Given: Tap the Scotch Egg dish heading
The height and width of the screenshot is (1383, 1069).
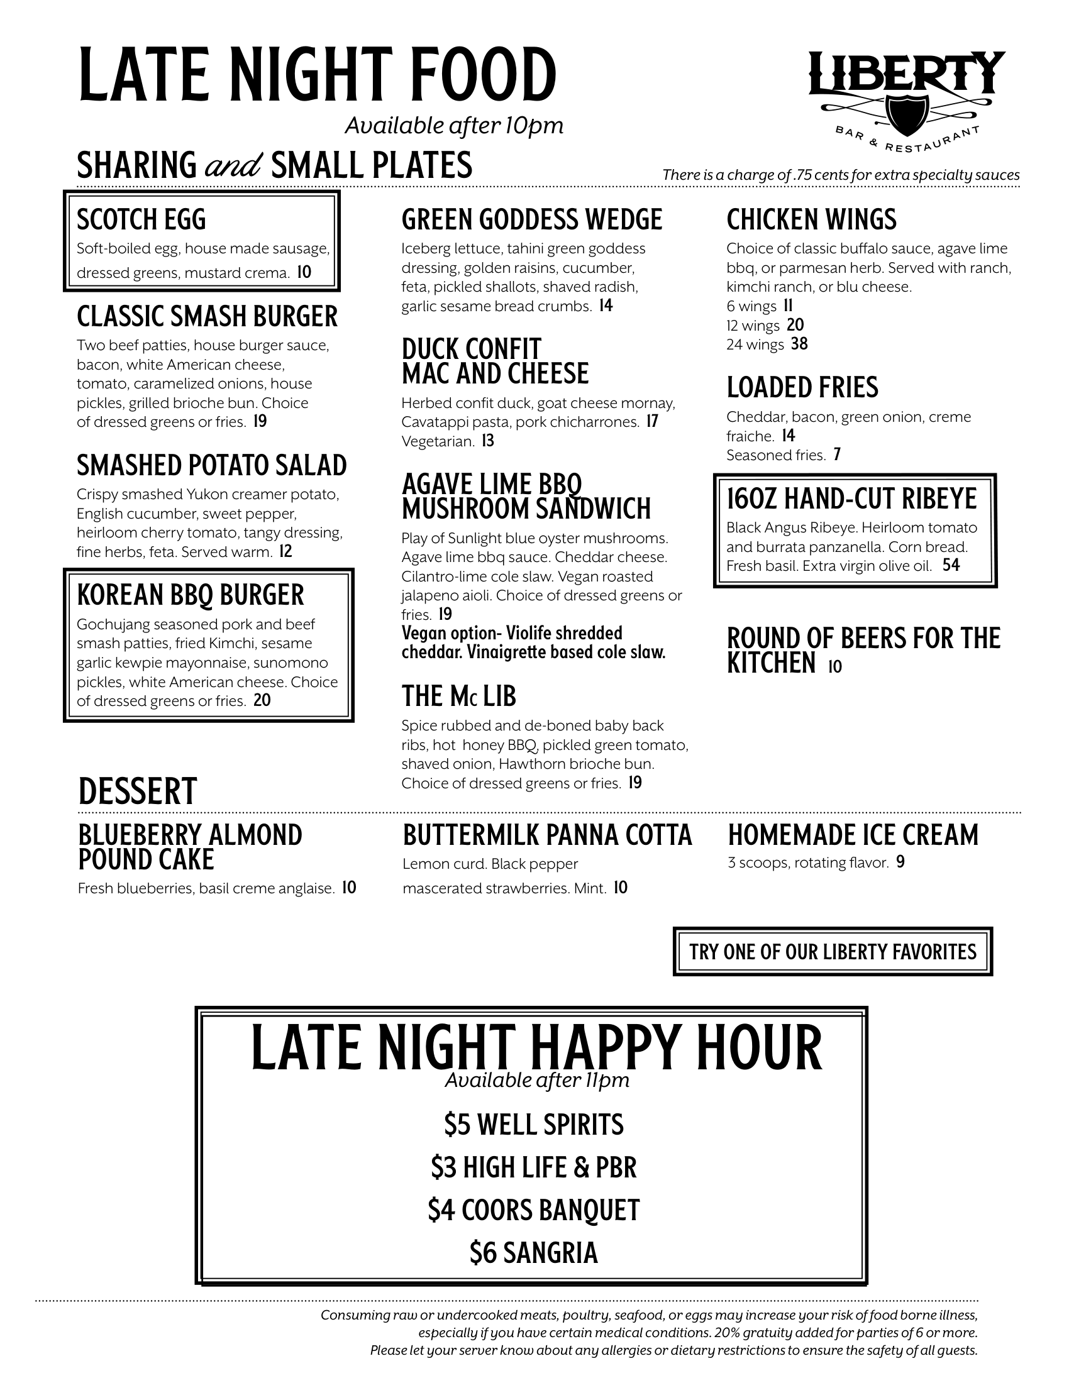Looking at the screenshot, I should pos(141,220).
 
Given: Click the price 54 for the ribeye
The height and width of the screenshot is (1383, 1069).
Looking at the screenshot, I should pos(951,565).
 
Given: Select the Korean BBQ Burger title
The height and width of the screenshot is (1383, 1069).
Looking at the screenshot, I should pos(190,595).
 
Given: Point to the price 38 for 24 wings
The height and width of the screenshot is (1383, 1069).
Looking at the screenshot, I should pos(799,344).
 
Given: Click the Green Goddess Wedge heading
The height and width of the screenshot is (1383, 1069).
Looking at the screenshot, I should pos(531,220).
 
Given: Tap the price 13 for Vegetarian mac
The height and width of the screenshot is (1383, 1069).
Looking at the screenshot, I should pos(487,441).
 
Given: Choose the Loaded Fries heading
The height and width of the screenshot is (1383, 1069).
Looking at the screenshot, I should pos(802,387).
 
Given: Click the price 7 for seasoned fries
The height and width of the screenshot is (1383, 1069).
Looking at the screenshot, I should pos(836,455).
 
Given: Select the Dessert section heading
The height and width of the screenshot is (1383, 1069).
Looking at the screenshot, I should pos(138,791).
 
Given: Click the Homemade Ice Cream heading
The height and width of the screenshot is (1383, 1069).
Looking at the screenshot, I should pos(853,835).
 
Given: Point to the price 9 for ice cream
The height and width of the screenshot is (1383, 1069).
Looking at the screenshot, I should pos(900,862).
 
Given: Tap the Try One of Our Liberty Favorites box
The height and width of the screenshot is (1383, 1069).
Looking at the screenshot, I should pos(832,952).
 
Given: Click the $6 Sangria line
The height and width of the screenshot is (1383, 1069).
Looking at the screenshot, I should pos(533,1252).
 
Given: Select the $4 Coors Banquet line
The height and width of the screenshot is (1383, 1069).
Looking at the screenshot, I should pos(533,1209).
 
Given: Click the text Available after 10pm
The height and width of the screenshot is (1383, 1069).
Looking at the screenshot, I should pos(453,126).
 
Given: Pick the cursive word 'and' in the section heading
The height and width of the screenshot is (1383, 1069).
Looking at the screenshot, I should pos(233,166).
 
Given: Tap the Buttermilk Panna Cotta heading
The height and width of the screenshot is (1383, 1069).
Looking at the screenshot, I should pos(547,835).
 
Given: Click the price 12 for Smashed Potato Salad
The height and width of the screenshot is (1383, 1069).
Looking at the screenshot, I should pos(285,551).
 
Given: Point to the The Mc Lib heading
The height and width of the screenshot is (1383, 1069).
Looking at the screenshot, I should pos(458,697).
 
